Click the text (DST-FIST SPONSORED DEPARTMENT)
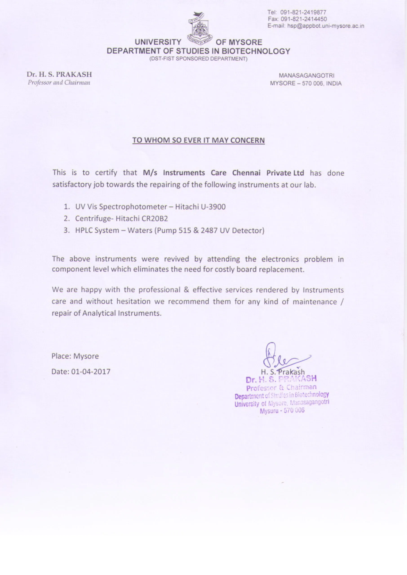coord(198,59)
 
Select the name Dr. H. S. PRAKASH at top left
coord(59,75)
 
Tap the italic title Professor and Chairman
coord(59,82)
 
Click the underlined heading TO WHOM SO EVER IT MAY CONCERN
coord(198,140)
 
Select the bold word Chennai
coord(246,173)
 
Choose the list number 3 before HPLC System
coord(66,230)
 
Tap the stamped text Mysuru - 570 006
coord(282,411)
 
